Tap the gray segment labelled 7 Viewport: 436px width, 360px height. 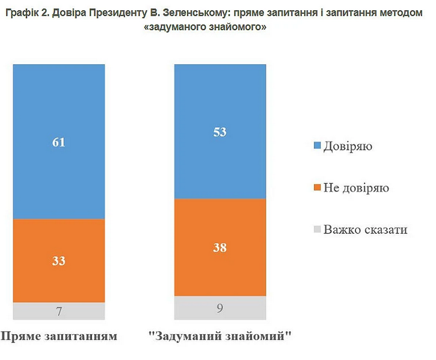(x=59, y=311)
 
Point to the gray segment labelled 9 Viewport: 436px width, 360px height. (x=220, y=308)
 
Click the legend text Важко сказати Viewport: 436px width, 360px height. (x=365, y=230)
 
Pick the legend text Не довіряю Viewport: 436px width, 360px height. (x=356, y=188)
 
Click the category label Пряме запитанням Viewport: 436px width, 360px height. (x=58, y=335)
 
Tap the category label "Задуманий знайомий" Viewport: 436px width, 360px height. (x=220, y=335)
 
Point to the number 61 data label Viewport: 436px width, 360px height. (x=59, y=142)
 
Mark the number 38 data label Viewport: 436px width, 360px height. (x=220, y=247)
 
